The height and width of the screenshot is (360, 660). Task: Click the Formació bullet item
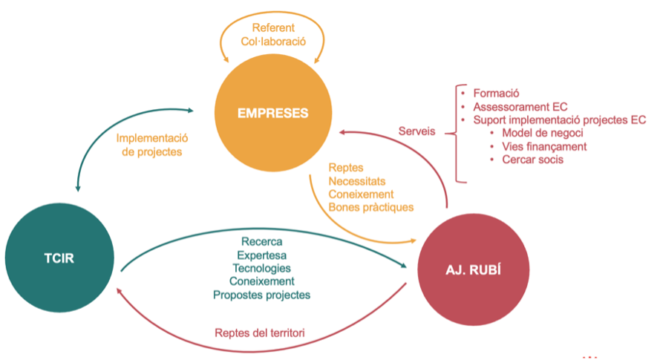[496, 94]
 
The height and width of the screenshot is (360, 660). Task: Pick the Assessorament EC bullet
[520, 107]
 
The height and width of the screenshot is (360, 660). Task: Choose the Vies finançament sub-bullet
[544, 146]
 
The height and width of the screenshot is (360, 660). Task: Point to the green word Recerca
[261, 242]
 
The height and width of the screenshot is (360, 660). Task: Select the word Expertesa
[261, 255]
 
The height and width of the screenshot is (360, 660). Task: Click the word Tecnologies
[261, 268]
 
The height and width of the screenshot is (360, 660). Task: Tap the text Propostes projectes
[261, 295]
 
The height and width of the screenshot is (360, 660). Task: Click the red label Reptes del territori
[260, 333]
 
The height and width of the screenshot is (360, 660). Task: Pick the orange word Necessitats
[357, 180]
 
